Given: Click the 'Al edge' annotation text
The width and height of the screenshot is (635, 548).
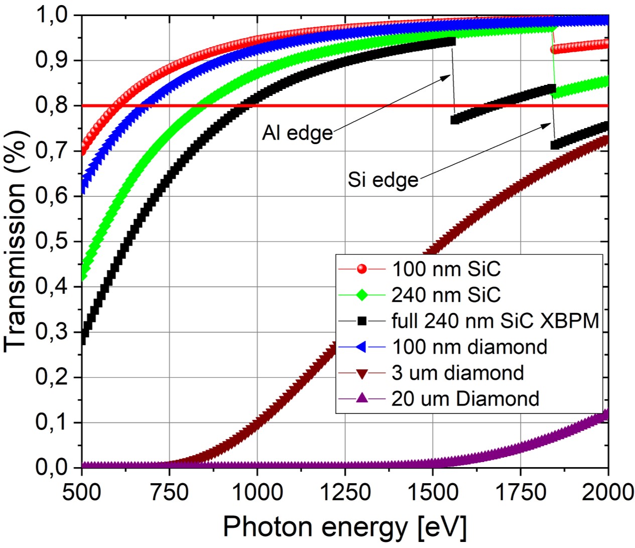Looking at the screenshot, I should pos(297,133).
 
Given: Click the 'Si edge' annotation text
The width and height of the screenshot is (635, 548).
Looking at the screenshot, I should pos(383,180).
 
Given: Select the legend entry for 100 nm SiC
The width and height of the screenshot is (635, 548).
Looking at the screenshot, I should pos(446,269).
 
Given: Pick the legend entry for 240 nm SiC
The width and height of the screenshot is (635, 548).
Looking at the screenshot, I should pos(446,295).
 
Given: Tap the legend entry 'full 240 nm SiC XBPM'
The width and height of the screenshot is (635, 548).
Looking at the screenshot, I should pos(495,320).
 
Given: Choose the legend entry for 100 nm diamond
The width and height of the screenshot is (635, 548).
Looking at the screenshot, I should pos(469,347).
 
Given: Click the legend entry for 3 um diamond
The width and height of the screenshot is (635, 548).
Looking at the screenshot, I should pos(457,373).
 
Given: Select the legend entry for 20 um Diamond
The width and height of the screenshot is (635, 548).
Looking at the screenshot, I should pos(465,399).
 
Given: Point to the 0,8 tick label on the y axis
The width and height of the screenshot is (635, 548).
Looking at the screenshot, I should pos(52,105).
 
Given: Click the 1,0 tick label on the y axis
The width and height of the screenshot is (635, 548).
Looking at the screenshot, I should pos(52,15).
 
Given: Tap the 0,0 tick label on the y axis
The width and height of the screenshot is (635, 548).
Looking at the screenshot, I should pos(52,467).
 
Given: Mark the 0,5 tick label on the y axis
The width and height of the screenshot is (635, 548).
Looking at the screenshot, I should pos(52,241).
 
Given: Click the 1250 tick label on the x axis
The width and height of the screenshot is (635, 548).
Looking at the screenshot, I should pos(345,492).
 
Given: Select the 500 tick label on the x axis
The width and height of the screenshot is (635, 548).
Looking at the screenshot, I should pos(81,492).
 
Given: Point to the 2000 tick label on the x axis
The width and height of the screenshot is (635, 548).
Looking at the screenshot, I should pos(607,492).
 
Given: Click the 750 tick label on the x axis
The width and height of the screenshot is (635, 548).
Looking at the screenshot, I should pos(169,492).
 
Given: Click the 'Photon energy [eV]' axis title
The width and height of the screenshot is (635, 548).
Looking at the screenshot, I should pos(344,527).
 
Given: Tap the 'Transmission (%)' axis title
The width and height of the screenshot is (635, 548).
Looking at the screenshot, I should pos(16,241).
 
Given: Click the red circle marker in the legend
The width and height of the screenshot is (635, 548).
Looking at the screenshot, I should pos(361,269).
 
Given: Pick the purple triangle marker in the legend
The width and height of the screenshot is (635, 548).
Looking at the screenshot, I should pos(361,399).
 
